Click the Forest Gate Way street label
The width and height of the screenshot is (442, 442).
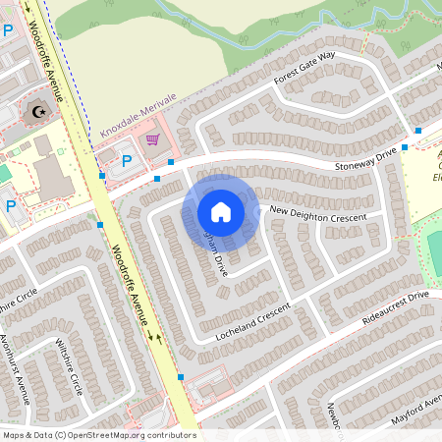click(304, 69)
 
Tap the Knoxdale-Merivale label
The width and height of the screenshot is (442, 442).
click(138, 114)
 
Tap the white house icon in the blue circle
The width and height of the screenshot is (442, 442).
click(221, 212)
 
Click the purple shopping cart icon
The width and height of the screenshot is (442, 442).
click(152, 139)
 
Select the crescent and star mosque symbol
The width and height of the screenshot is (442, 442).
click(38, 110)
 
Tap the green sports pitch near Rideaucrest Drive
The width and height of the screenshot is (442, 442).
click(433, 250)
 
